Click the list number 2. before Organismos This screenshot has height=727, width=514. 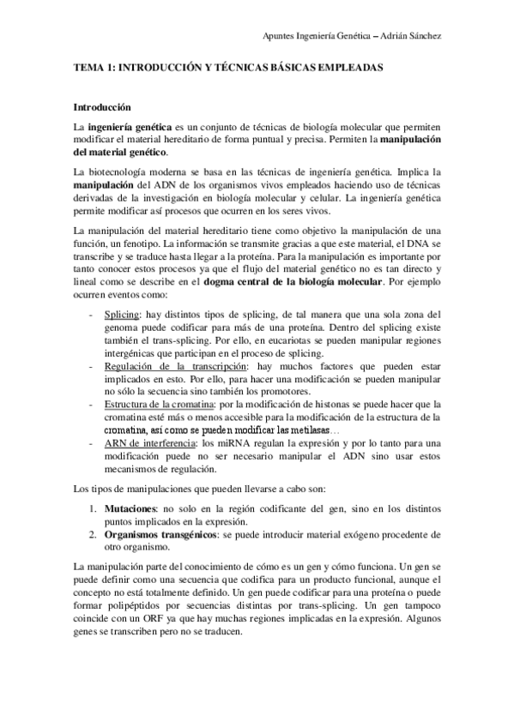click(x=97, y=534)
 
